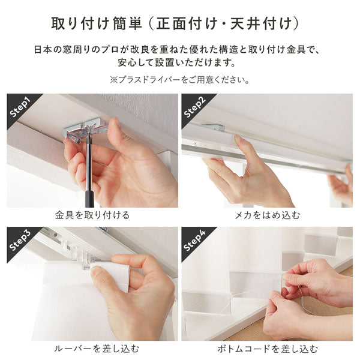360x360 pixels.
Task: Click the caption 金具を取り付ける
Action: (92, 215)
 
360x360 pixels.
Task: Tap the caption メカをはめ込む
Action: (267, 215)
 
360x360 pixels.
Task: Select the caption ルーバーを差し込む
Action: (92, 349)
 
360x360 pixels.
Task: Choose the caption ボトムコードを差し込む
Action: (267, 349)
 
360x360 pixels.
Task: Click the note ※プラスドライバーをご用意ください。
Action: (180, 79)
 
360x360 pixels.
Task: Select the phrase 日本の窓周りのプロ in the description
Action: (79, 48)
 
